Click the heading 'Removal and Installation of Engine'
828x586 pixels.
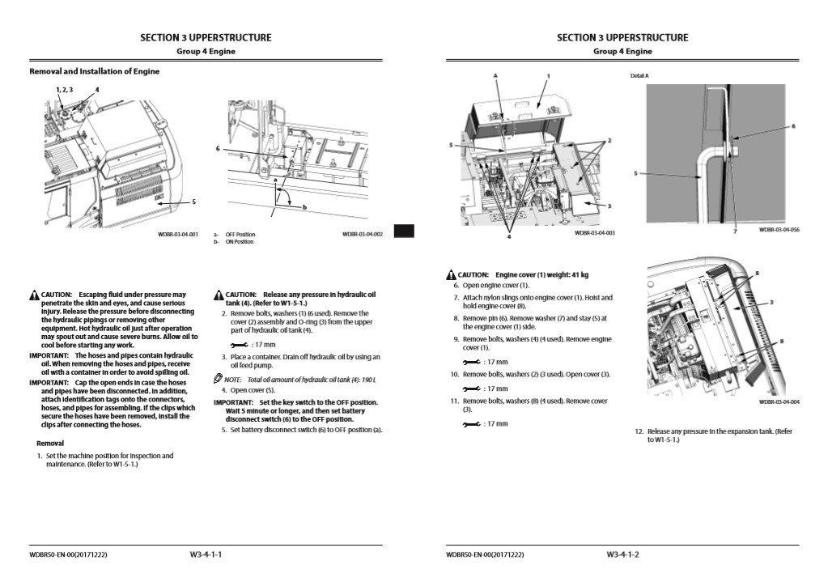(x=95, y=71)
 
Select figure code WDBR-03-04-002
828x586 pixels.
(x=362, y=235)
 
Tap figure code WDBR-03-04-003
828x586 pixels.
(x=594, y=233)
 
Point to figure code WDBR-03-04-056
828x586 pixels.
(x=779, y=230)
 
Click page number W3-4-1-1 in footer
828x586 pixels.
(x=206, y=554)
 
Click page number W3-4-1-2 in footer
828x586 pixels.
(x=622, y=554)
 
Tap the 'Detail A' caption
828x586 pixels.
(x=639, y=75)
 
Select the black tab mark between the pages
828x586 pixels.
(x=404, y=231)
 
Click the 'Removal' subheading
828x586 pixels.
(x=50, y=444)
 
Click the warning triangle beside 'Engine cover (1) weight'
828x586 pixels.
(x=450, y=275)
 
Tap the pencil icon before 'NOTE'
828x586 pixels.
(x=218, y=379)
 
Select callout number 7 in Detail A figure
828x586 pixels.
(x=735, y=231)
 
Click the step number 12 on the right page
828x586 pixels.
(x=639, y=431)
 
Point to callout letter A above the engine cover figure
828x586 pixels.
(x=495, y=75)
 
